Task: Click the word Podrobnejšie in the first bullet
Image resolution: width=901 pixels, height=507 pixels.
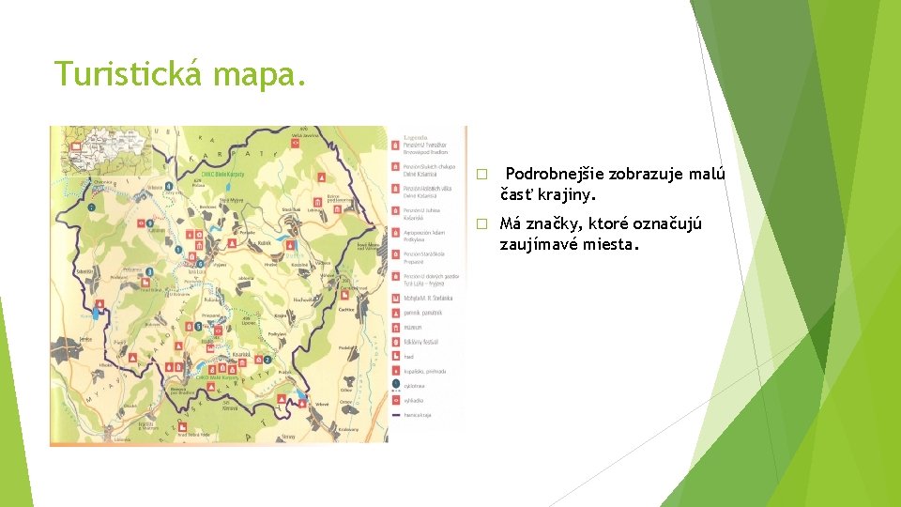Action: coord(554,174)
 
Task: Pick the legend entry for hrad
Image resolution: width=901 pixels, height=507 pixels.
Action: coord(407,357)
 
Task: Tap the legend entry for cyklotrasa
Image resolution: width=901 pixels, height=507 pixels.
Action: coord(413,385)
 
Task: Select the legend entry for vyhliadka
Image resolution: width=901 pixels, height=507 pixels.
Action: coord(412,399)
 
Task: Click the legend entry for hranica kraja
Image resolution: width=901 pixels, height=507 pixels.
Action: coord(416,414)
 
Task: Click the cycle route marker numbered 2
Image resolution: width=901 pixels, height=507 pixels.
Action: coord(267,360)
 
